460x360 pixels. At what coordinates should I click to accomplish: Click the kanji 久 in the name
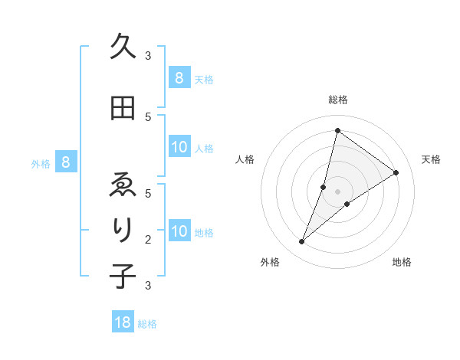click(x=123, y=47)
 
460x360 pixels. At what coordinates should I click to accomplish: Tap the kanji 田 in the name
click(x=123, y=109)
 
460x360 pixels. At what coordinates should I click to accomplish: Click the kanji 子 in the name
click(x=123, y=276)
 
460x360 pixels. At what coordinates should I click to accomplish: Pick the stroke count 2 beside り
click(x=148, y=239)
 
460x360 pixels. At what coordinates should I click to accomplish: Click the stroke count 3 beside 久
click(x=148, y=55)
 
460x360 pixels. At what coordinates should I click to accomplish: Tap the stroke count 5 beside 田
click(x=148, y=116)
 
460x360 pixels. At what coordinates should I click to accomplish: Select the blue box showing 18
click(x=123, y=322)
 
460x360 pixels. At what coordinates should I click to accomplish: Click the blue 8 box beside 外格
click(x=66, y=162)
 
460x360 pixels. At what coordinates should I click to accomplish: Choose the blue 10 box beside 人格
click(x=179, y=148)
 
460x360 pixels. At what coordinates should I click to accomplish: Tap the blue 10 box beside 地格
click(x=179, y=232)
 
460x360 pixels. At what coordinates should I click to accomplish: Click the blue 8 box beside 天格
click(x=179, y=77)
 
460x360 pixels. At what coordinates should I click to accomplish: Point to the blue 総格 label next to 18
click(x=147, y=324)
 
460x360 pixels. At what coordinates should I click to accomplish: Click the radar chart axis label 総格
click(x=337, y=100)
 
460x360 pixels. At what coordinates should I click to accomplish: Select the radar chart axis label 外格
click(x=270, y=262)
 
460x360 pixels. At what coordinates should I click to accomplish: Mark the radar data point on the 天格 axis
click(x=396, y=172)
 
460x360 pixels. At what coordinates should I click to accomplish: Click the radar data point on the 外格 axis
click(x=302, y=242)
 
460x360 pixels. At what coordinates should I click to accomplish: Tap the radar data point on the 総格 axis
click(x=337, y=130)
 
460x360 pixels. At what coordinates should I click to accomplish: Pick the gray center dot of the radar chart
click(x=337, y=191)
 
